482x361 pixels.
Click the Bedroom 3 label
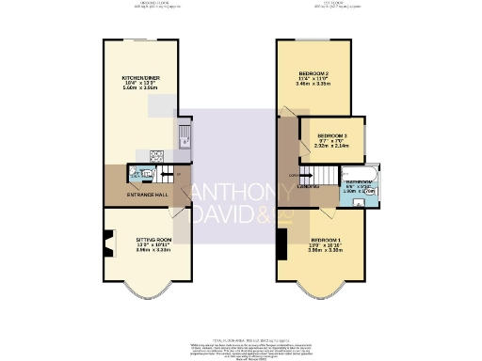(x=333, y=134)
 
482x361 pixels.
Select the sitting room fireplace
(x=109, y=246)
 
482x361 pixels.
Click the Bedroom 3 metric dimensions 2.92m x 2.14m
(x=333, y=147)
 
